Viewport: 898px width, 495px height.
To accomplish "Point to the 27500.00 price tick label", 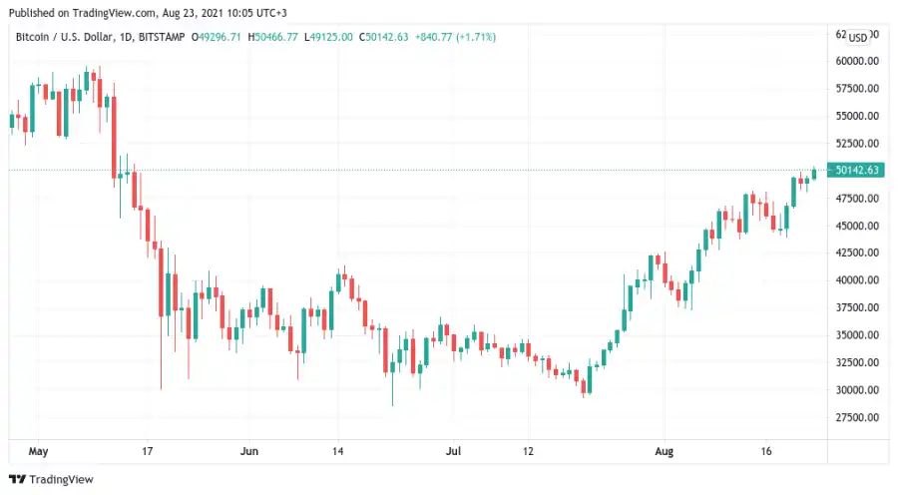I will point(858,418).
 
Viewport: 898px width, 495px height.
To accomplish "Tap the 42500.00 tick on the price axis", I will point(858,253).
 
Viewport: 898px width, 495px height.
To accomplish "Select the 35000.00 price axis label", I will point(858,335).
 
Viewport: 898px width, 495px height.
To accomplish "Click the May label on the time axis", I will point(39,451).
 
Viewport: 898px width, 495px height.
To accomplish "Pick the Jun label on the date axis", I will point(249,451).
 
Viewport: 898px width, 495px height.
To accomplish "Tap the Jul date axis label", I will point(453,451).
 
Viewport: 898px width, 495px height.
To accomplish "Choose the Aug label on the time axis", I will point(665,451).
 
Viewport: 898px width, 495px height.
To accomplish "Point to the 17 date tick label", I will point(148,451).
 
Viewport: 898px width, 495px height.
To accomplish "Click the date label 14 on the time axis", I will point(339,451).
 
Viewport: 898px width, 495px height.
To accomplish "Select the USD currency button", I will point(857,37).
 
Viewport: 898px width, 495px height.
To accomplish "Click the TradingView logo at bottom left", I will point(52,480).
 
